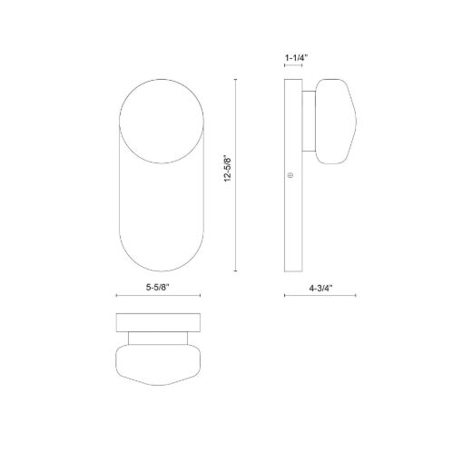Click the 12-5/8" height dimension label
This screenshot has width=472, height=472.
coord(228,170)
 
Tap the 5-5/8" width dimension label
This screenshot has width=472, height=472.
coord(158,288)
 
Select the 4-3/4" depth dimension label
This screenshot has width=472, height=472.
coord(320,288)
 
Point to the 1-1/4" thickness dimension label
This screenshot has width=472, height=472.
coord(296,57)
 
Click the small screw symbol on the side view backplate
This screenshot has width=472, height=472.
coord(290,175)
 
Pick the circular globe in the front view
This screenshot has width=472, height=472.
coord(162,121)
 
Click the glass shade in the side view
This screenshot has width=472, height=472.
coord(336,122)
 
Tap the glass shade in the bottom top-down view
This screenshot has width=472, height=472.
coord(158,365)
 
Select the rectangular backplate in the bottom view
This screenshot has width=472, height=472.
coord(158,322)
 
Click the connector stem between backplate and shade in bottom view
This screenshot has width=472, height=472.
coord(158,339)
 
